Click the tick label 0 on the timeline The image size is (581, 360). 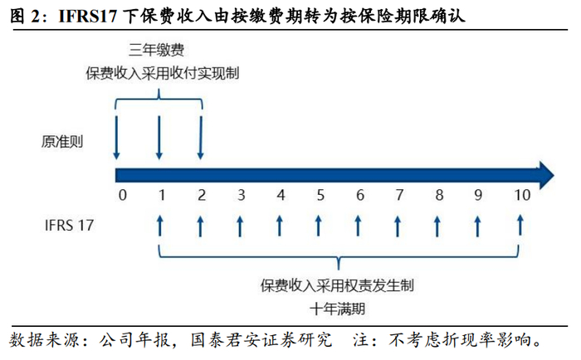[x=122, y=196]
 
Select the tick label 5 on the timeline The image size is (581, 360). [x=320, y=196]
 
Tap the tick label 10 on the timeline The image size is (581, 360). [x=520, y=196]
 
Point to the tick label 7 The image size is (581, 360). [x=399, y=196]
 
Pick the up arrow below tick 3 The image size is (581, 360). [x=240, y=225]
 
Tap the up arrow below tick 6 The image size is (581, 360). [x=359, y=225]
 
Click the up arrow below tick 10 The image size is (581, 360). [x=520, y=225]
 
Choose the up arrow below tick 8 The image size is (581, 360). [x=438, y=225]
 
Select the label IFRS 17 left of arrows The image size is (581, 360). [x=68, y=224]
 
